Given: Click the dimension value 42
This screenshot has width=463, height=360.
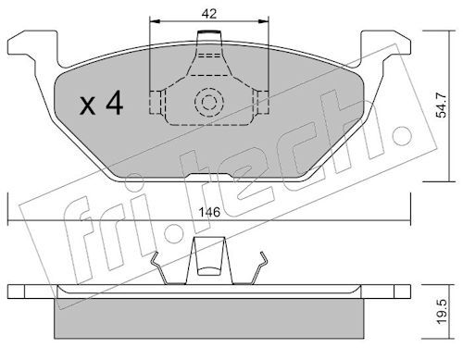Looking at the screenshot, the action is [209, 14].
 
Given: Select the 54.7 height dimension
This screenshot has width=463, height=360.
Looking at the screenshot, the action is [441, 106].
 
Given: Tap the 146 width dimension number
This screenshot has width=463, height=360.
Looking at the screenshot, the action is [209, 212].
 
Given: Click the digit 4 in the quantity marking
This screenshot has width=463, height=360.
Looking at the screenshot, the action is [114, 104].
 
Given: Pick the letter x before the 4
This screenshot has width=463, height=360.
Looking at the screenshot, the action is [88, 106].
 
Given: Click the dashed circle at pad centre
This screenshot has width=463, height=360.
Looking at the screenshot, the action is [209, 102].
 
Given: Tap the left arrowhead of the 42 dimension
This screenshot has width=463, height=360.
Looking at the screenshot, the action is [156, 21].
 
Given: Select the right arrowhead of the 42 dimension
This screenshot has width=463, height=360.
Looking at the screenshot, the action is [263, 21].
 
